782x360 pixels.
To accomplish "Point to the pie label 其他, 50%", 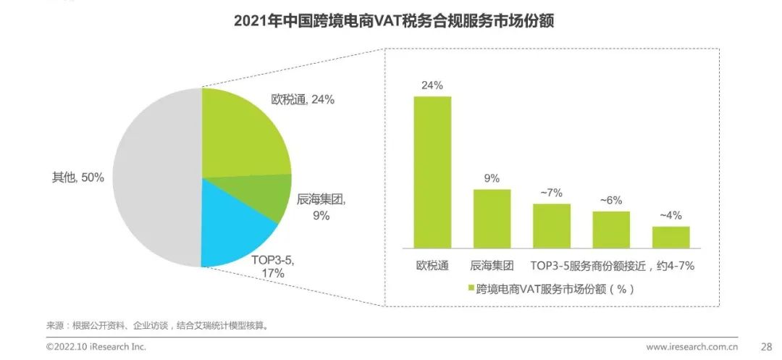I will (78, 177).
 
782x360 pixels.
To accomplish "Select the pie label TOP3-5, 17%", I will (273, 266).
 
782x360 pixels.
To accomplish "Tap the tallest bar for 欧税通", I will (432, 172).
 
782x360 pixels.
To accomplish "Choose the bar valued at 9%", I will (492, 218).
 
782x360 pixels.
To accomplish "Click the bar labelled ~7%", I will (552, 225).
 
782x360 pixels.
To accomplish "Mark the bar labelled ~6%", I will (611, 229).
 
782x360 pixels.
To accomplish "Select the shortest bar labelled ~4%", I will (670, 237).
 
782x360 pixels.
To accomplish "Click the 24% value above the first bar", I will (432, 85).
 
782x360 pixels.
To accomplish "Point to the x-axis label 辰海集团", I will (492, 265).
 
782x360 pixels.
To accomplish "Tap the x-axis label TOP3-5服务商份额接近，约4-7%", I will (613, 265).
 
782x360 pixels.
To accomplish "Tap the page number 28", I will (765, 346).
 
